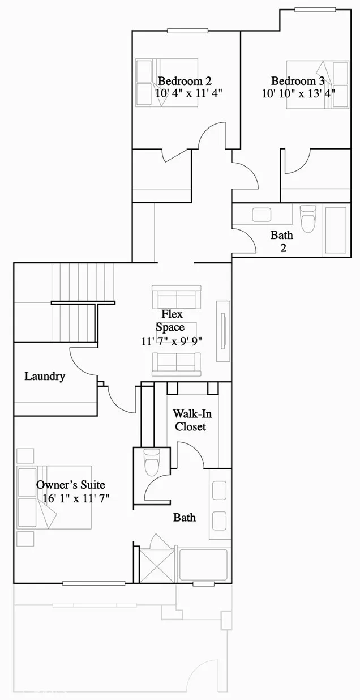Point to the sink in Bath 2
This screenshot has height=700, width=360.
coord(262,215)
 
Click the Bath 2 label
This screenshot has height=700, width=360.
coord(281,240)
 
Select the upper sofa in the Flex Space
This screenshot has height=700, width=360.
coord(177,296)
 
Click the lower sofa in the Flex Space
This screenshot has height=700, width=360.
coord(176,364)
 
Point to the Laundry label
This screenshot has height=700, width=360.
coord(45,376)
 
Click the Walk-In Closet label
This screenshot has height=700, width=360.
coord(190,420)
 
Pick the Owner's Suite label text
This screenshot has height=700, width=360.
coord(70,485)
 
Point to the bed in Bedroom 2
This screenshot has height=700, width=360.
coord(165,82)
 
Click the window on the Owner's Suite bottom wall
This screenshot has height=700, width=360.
coord(93,583)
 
